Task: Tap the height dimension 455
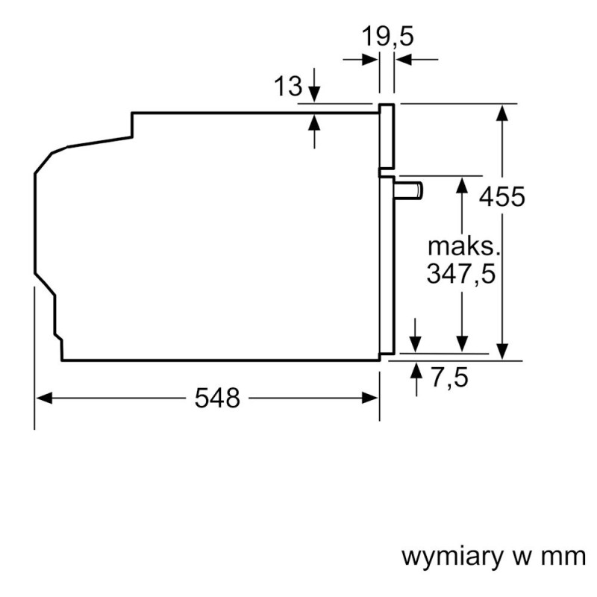[x=502, y=198]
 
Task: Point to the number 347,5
[x=461, y=274]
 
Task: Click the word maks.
[x=462, y=246]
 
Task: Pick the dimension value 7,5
[x=450, y=378]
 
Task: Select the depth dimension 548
[x=218, y=398]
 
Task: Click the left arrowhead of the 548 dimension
[x=43, y=398]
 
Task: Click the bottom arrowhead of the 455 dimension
[x=503, y=351]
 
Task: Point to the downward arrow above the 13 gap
[x=314, y=94]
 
